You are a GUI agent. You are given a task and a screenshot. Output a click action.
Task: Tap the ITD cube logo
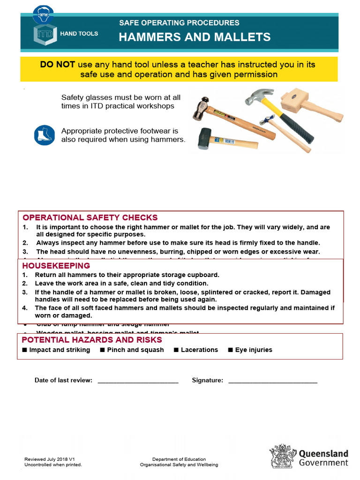pyautogui.click(x=44, y=36)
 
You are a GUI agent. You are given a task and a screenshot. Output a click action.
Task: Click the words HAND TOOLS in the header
pyautogui.click(x=79, y=34)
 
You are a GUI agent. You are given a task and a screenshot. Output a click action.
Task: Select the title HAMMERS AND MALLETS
pyautogui.click(x=195, y=37)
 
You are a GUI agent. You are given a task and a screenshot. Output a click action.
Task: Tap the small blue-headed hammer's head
pyautogui.click(x=266, y=117)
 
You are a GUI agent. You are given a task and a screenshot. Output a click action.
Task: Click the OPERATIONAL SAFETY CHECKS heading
pyautogui.click(x=90, y=217)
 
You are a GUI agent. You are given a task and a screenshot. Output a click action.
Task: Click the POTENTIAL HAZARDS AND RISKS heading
pyautogui.click(x=92, y=340)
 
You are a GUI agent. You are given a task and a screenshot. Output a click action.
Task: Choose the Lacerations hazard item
pyautogui.click(x=199, y=350)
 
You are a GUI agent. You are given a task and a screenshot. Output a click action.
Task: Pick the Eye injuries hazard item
pyautogui.click(x=253, y=350)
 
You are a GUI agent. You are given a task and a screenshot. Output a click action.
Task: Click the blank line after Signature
pyautogui.click(x=272, y=381)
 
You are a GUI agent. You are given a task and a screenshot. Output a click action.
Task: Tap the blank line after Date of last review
pyautogui.click(x=138, y=381)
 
